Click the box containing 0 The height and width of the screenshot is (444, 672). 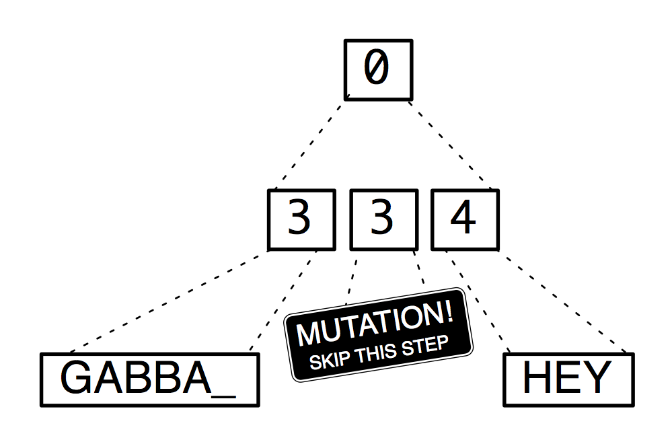point(377,70)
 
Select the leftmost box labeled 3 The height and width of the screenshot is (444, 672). point(301,220)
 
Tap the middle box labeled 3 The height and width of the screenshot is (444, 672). point(383,220)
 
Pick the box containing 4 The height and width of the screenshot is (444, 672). point(464,220)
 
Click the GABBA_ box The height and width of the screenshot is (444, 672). point(149,380)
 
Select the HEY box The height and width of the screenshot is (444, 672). point(568,380)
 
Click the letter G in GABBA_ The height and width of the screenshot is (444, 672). point(75,379)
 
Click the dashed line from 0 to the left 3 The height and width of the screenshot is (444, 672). point(309,145)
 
